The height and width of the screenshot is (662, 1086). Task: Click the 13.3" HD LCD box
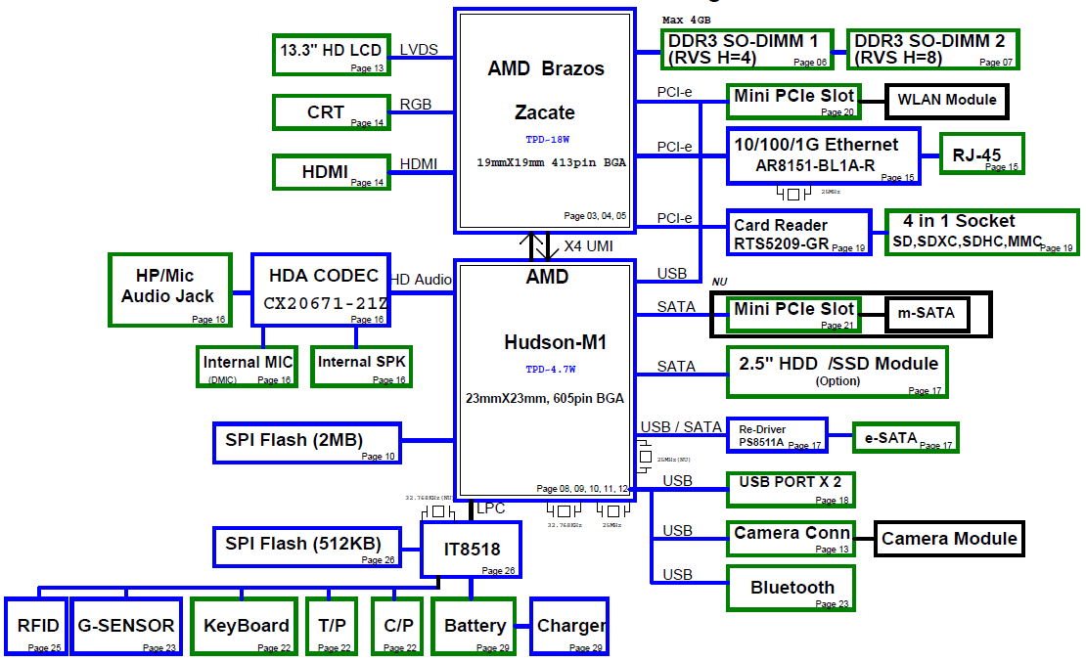click(331, 54)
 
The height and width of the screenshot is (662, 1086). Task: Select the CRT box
click(331, 112)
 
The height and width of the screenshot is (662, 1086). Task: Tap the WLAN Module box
click(946, 100)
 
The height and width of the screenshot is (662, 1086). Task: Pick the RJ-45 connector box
click(982, 154)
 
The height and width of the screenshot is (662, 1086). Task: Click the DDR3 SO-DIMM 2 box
click(932, 49)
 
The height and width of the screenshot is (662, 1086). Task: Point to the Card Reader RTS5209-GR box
click(798, 234)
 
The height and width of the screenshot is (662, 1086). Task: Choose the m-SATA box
click(926, 314)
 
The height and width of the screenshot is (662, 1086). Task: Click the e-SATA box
click(905, 438)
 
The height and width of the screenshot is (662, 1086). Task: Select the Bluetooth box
click(792, 588)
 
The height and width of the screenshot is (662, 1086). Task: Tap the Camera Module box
click(949, 539)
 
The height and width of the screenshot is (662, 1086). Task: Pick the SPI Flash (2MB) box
click(307, 442)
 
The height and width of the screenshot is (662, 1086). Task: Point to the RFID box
click(38, 626)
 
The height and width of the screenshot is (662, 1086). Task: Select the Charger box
click(570, 626)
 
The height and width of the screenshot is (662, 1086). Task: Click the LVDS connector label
click(419, 50)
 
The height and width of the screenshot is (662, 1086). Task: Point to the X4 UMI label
click(587, 245)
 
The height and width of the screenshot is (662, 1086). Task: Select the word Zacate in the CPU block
click(545, 111)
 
